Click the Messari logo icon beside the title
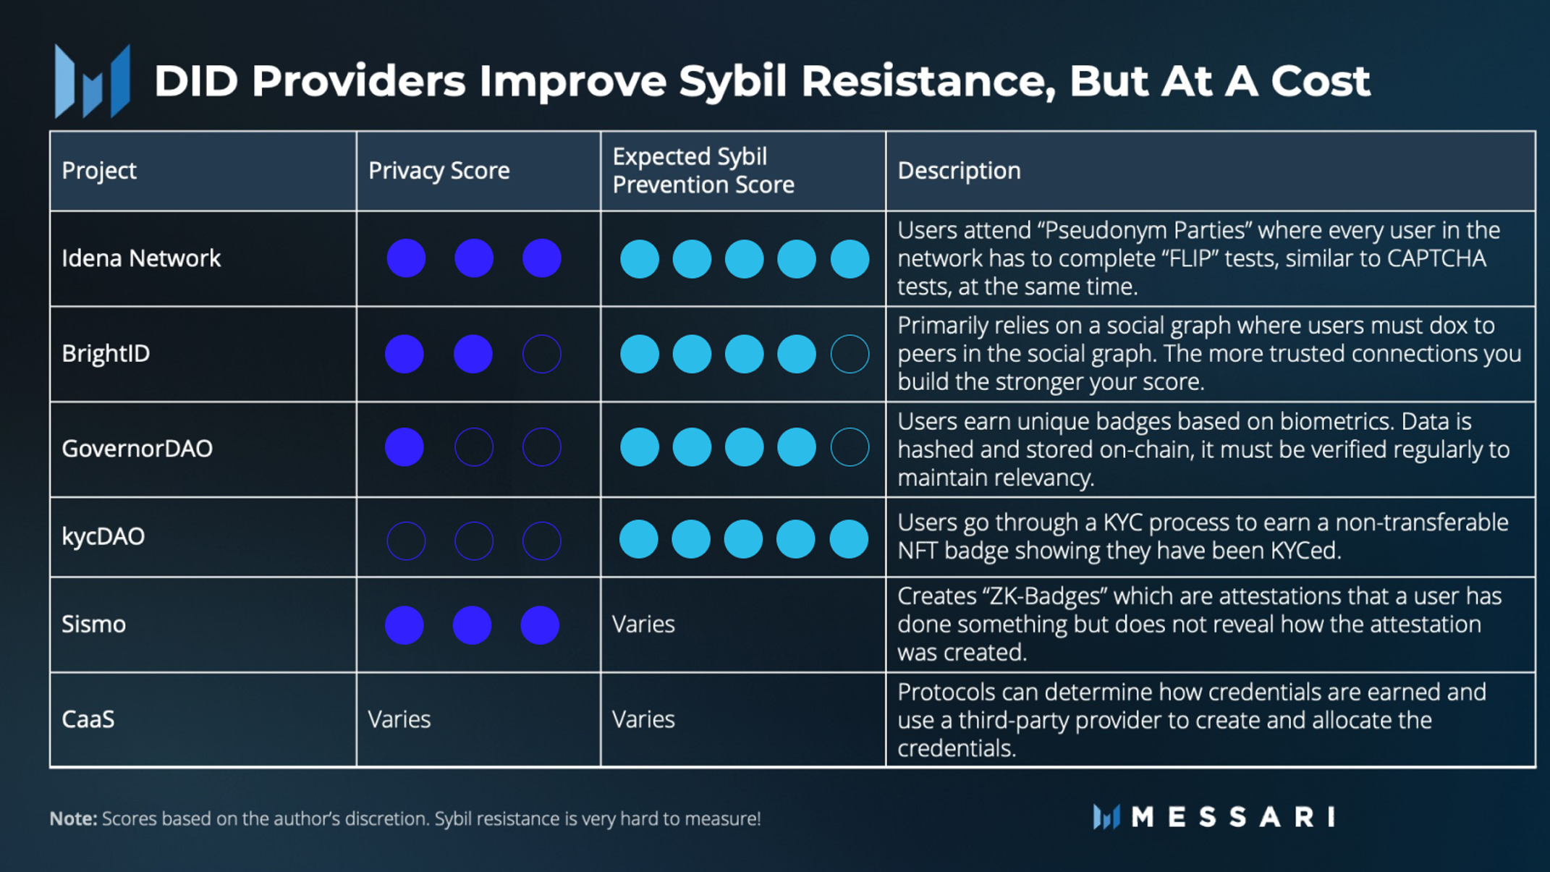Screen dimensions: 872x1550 tap(93, 81)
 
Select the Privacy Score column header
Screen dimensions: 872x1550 tap(439, 171)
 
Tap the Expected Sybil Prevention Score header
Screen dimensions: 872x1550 tap(703, 171)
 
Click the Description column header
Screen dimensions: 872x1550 tap(959, 171)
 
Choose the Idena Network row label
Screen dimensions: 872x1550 tap(141, 258)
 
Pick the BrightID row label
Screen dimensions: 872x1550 tap(106, 354)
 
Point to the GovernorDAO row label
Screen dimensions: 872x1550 tap(137, 449)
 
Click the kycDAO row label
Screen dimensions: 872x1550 tap(103, 537)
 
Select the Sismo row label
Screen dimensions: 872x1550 tap(93, 625)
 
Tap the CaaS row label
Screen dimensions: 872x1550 tap(88, 720)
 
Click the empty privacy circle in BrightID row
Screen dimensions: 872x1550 tap(541, 354)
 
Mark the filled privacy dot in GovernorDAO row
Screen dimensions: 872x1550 tap(405, 447)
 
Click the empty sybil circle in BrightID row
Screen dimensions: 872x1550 tap(850, 354)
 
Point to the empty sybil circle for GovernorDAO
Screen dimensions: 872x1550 tap(850, 447)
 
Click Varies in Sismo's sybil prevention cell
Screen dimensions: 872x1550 tap(643, 625)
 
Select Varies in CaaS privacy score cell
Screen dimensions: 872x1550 tap(399, 720)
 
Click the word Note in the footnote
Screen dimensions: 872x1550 tap(72, 819)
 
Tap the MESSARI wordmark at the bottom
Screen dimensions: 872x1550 tap(1232, 818)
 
